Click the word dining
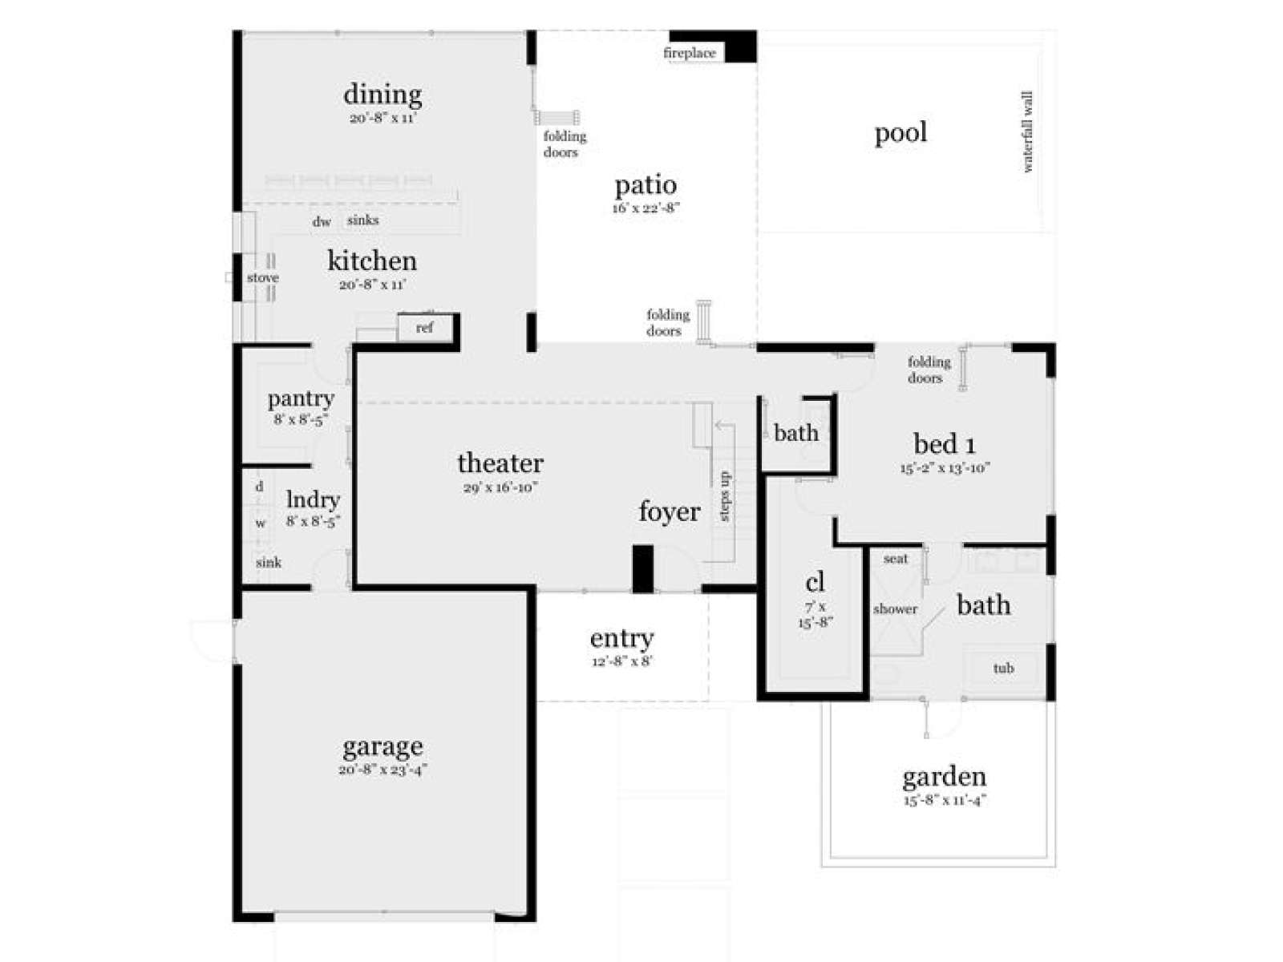(x=382, y=95)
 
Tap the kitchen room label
(x=372, y=261)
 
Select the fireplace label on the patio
(x=689, y=53)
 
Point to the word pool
(x=901, y=133)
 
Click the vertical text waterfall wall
(x=1027, y=131)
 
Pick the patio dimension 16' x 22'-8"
(x=646, y=208)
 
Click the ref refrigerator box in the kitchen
(x=425, y=328)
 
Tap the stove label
(x=262, y=277)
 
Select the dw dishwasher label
(x=322, y=221)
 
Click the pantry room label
(x=301, y=399)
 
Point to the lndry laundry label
(x=314, y=500)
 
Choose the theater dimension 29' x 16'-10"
(x=500, y=487)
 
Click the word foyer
(x=670, y=511)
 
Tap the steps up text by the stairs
(x=724, y=496)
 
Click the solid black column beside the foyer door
(x=643, y=569)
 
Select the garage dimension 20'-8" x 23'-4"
(x=382, y=770)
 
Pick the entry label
(x=621, y=638)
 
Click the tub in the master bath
(x=1003, y=668)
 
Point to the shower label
(x=895, y=608)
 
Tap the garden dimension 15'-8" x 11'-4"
(x=945, y=799)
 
